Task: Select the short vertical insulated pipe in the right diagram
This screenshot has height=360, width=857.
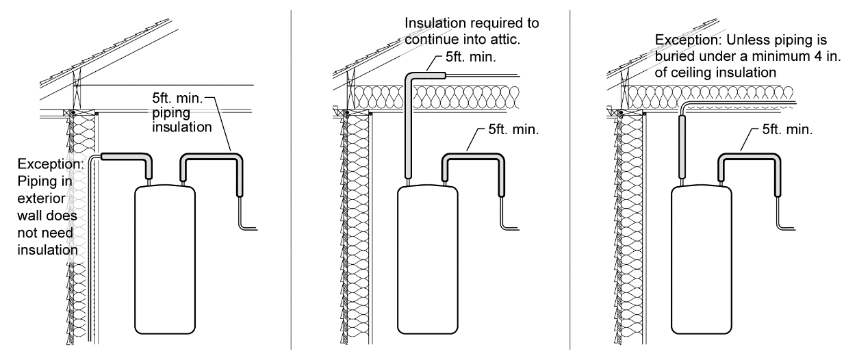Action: coord(682,147)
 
